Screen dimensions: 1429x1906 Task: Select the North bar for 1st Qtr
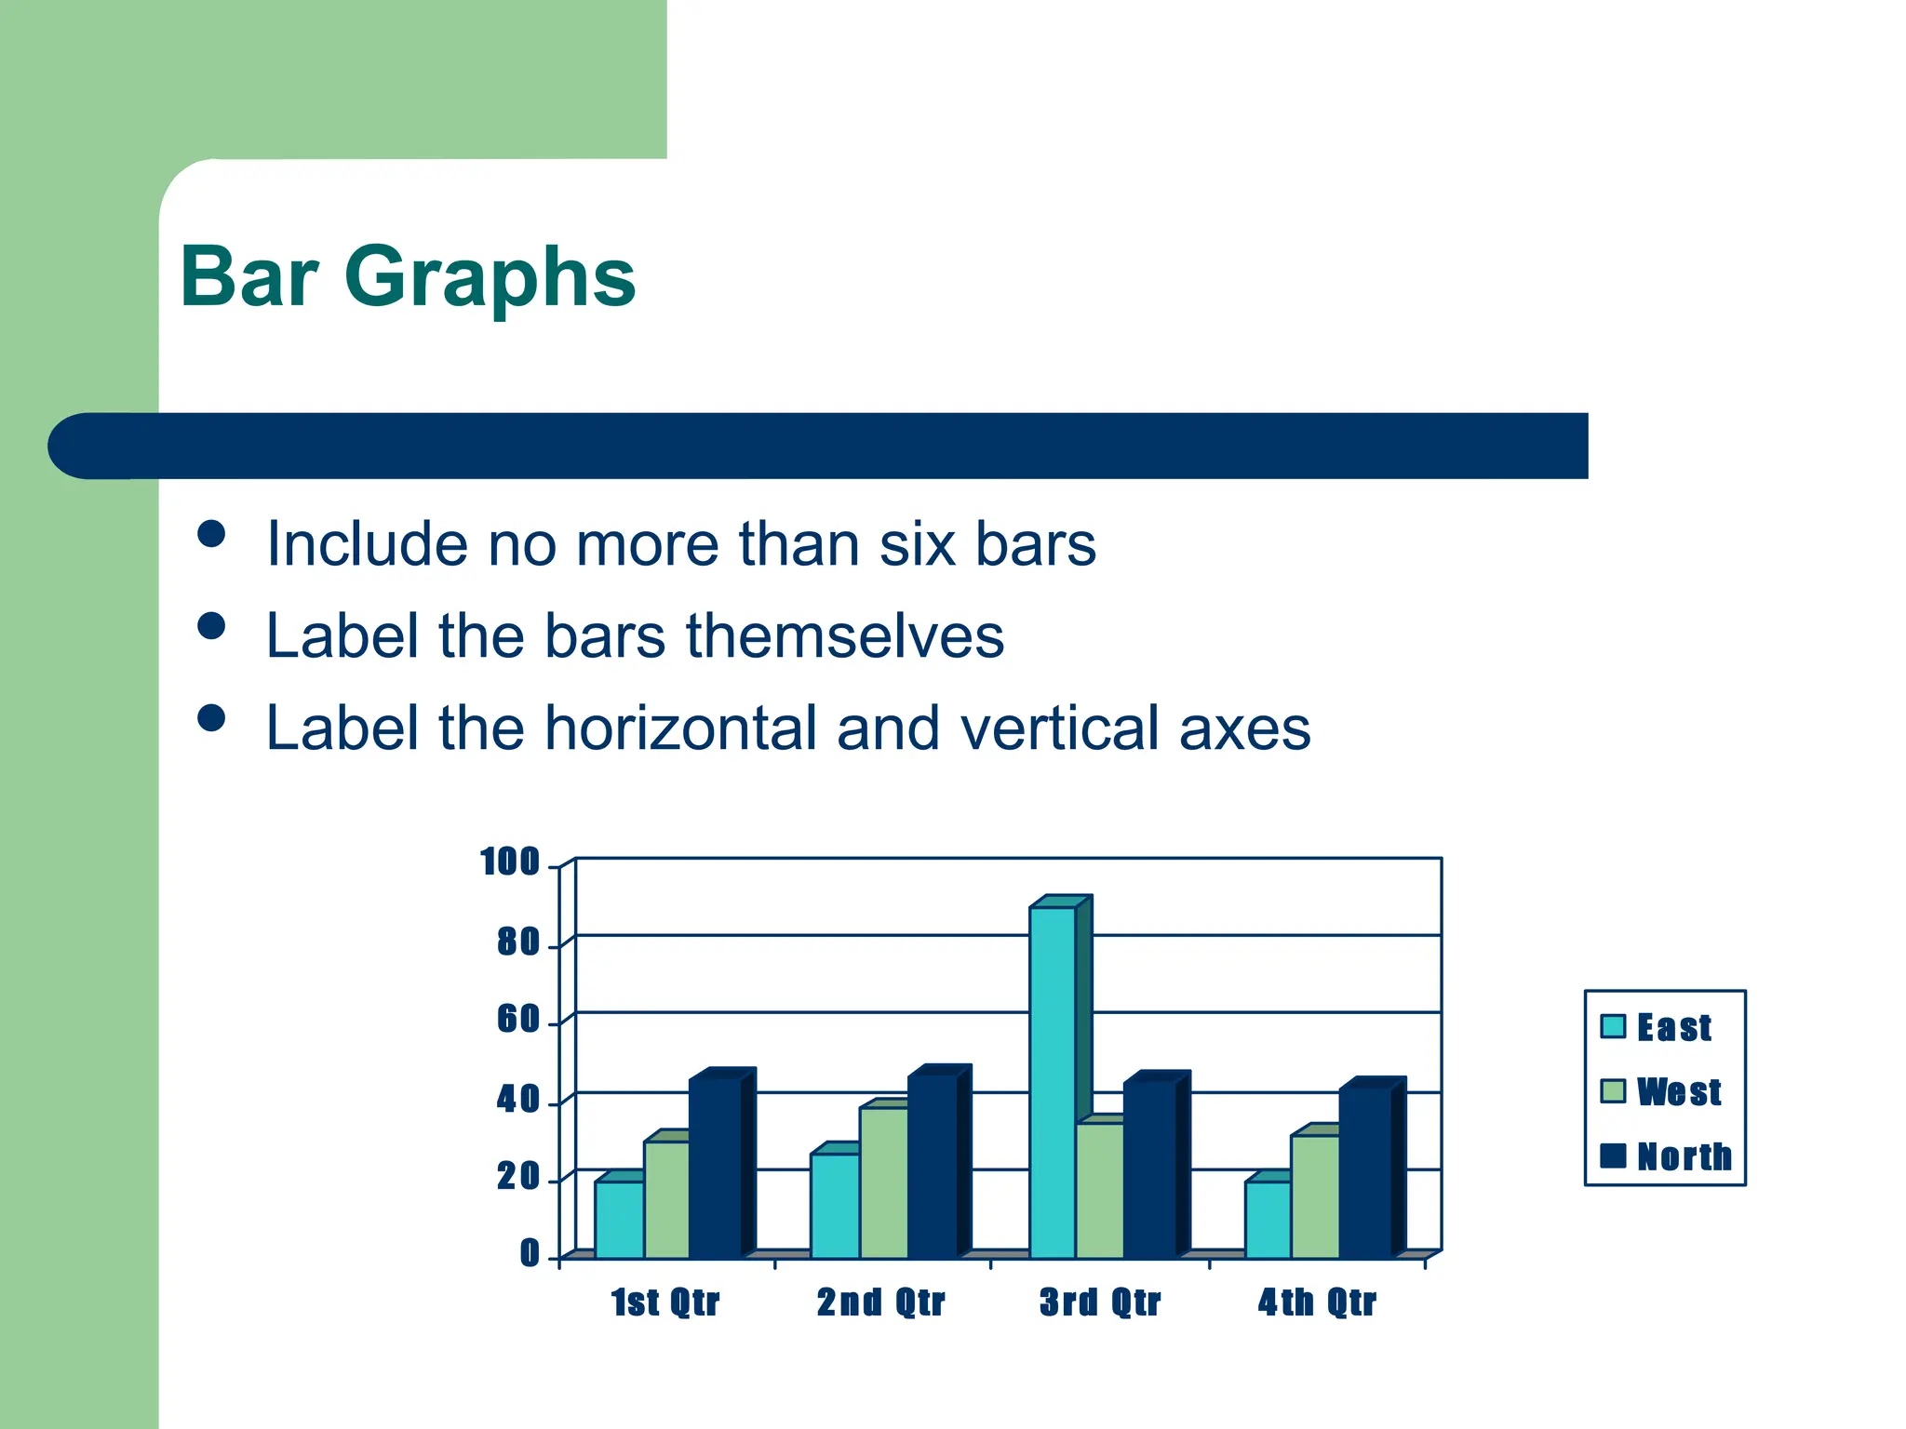pos(715,1168)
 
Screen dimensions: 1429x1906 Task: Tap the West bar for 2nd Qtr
pos(883,1182)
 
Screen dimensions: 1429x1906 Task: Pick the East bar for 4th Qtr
pos(1268,1219)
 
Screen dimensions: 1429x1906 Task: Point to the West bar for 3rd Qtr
pos(1100,1190)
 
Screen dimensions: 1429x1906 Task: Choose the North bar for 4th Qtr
pos(1364,1172)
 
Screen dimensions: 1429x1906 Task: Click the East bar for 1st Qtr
pos(619,1219)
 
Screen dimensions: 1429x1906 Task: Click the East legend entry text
pos(1673,1028)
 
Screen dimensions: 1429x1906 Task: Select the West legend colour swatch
pos(1613,1091)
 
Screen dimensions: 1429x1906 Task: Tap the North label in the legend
pos(1684,1156)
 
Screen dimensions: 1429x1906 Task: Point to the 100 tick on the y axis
pos(509,862)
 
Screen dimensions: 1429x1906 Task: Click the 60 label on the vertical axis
pos(517,1021)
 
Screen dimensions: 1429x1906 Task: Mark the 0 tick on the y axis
pos(529,1254)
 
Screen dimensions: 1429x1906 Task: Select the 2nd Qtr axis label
pos(880,1302)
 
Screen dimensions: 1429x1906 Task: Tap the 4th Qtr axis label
pos(1316,1302)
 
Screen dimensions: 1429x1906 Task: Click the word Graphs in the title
pos(490,278)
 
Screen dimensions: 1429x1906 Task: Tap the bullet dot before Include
pos(212,534)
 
